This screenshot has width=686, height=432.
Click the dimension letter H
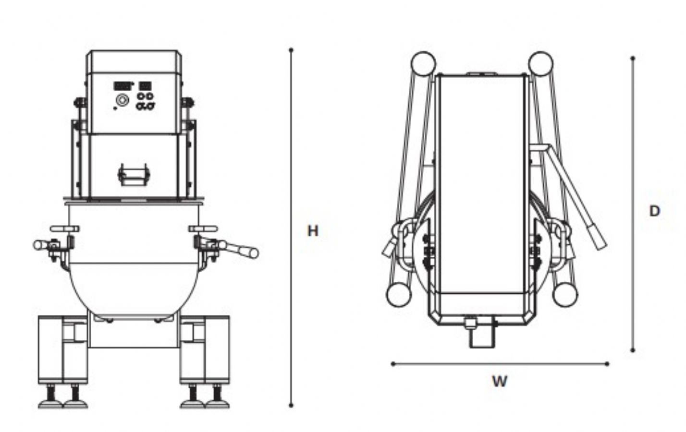[313, 231]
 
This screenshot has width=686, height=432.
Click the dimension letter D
[654, 211]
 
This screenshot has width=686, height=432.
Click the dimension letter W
[500, 381]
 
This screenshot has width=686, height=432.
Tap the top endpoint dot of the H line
[291, 50]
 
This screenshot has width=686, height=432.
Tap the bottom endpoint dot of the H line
[291, 406]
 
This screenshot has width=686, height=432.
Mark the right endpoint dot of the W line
[607, 364]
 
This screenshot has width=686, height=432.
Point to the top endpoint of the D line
[633, 58]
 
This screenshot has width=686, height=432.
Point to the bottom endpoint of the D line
[633, 350]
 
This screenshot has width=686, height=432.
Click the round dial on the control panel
[122, 100]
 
